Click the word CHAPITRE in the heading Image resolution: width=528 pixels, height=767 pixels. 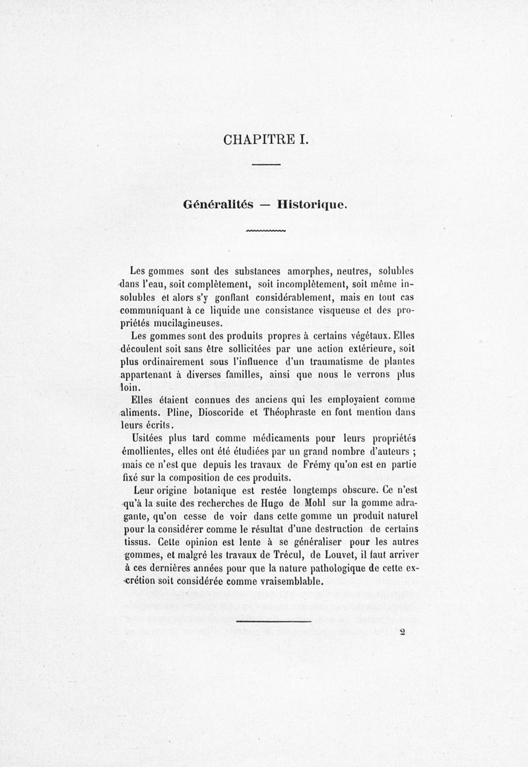tap(253, 140)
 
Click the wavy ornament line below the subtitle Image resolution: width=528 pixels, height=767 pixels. tap(265, 232)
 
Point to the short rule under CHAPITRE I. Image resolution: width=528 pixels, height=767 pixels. tap(267, 164)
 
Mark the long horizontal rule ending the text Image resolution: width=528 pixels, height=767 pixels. tap(273, 621)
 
